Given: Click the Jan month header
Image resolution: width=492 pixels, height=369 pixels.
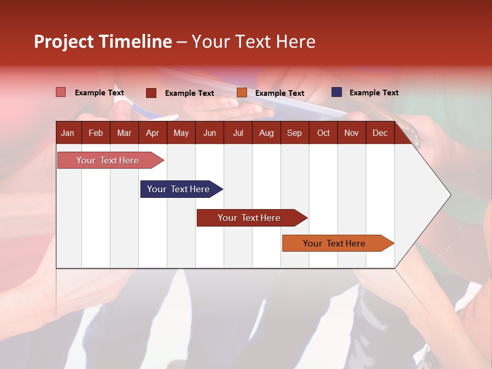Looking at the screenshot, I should tap(68, 133).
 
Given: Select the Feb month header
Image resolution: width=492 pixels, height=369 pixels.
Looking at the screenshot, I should tap(96, 133).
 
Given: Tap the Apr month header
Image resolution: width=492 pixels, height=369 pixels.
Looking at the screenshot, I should tap(152, 133).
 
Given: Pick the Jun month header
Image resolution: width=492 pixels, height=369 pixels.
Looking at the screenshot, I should tap(210, 133).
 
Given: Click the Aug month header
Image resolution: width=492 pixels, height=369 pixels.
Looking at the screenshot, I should tap(266, 133).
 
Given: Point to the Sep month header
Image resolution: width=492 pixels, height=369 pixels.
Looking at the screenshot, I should tap(294, 133).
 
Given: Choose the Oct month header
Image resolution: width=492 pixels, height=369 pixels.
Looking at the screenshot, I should tap(323, 133).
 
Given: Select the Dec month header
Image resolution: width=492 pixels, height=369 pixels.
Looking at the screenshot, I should tap(380, 133).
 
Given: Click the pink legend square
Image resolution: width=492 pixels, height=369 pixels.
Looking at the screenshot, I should tap(61, 92).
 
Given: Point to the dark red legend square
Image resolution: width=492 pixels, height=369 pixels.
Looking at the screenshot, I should tap(151, 93).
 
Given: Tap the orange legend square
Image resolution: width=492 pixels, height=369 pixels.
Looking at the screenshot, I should tap(242, 93).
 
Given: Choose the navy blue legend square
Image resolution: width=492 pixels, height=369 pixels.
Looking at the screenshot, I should tap(337, 92).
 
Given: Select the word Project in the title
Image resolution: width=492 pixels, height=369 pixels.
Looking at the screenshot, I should tap(64, 42).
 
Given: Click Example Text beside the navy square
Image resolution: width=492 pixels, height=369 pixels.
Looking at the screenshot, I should tap(374, 93).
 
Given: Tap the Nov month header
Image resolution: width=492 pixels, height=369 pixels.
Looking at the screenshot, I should tap(352, 133).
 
